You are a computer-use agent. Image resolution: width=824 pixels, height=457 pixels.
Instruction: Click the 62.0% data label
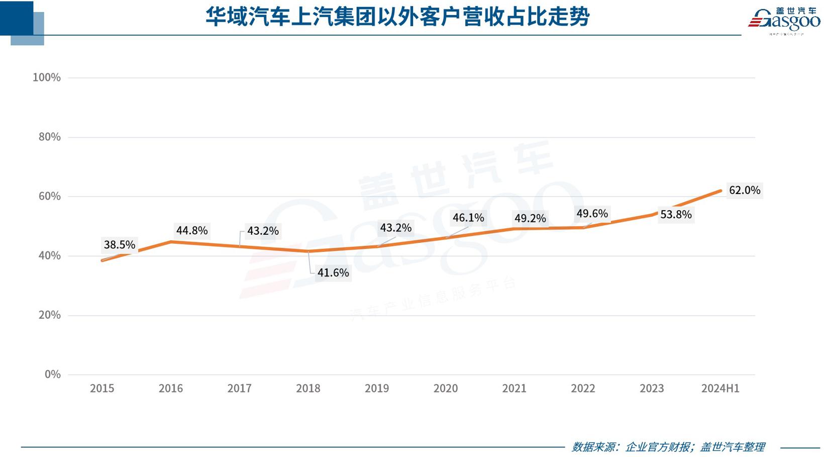[745, 190]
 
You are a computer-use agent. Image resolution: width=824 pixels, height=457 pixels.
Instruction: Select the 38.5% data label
[120, 245]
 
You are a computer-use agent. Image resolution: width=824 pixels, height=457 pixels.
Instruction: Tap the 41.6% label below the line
[333, 272]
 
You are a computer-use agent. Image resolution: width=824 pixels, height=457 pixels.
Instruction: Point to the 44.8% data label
[192, 230]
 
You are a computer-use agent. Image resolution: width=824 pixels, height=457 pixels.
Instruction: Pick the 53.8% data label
[676, 215]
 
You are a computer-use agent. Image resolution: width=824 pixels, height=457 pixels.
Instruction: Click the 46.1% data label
[468, 218]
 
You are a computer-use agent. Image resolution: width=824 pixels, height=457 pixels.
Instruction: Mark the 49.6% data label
[592, 214]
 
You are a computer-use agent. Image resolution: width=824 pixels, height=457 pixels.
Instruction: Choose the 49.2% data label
[530, 218]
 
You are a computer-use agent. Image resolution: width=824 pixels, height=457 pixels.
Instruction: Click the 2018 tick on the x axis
[308, 388]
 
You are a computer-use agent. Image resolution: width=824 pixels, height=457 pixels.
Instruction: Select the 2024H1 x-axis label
[720, 388]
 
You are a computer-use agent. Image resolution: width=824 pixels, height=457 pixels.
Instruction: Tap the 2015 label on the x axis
[102, 388]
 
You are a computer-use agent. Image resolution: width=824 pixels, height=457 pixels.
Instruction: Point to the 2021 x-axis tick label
[514, 388]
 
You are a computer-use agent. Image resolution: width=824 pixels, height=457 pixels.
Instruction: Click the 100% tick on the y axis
[47, 77]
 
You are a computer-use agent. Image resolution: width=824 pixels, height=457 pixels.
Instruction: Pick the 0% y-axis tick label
[52, 374]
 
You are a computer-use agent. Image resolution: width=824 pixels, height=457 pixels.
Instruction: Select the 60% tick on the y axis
[49, 196]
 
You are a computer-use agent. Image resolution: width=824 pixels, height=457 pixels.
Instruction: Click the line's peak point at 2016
[171, 242]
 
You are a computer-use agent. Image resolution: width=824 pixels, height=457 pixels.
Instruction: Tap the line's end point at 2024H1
[720, 191]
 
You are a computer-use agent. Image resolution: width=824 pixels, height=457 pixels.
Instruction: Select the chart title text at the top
[397, 17]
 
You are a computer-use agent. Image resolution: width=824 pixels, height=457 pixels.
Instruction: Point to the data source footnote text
[668, 447]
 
